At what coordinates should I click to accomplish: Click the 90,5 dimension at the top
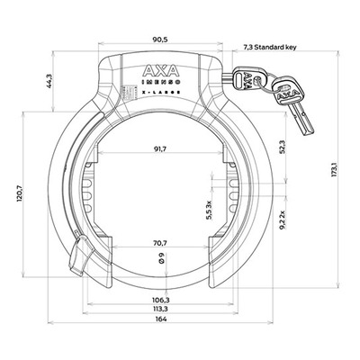pos(160,40)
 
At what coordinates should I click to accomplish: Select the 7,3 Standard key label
pos(269,47)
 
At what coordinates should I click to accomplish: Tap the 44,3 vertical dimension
pos(49,81)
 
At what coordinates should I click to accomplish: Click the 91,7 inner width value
pos(160,149)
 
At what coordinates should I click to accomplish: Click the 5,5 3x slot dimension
pos(209,210)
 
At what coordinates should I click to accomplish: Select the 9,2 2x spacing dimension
pos(282,220)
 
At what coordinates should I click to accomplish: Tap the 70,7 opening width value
pos(160,244)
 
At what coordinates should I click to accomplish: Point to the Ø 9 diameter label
pos(161,258)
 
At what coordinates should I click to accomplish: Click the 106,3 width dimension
pos(160,300)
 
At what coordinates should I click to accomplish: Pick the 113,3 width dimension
pos(160,309)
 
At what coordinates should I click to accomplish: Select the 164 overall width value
pos(161,319)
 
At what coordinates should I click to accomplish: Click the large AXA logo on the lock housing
pos(160,71)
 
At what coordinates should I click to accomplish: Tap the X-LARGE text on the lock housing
pos(160,93)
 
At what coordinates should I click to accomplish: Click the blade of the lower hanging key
pos(301,120)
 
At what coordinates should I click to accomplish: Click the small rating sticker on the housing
pos(123,93)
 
